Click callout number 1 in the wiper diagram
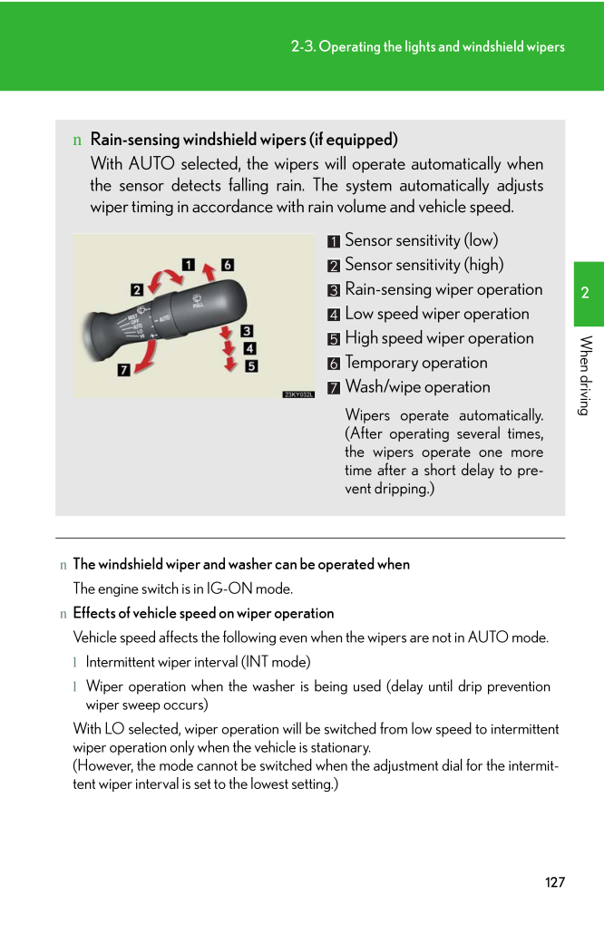(x=189, y=265)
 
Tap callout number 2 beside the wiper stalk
(x=136, y=290)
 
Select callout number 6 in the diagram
(x=228, y=265)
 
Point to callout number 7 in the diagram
(x=122, y=369)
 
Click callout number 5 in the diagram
(x=251, y=365)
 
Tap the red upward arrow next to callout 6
(x=209, y=269)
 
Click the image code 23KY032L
(x=298, y=394)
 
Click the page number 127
(x=555, y=882)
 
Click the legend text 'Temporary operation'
(x=416, y=363)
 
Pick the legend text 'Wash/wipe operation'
(x=417, y=387)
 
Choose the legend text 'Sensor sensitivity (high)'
(x=424, y=265)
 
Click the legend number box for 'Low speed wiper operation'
(x=335, y=315)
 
